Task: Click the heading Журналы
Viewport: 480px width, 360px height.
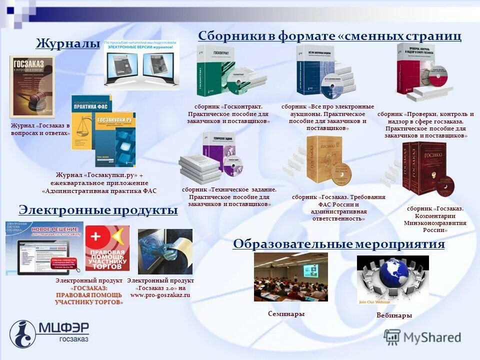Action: [68, 44]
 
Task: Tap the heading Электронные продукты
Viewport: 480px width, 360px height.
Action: [98, 210]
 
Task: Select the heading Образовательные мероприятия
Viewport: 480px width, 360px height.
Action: [338, 244]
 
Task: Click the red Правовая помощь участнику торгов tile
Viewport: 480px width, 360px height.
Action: [107, 248]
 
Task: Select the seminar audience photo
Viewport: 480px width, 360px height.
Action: [290, 276]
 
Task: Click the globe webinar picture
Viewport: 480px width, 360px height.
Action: [392, 280]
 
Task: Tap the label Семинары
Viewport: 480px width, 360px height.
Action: [286, 314]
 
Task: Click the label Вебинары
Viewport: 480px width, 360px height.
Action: [394, 315]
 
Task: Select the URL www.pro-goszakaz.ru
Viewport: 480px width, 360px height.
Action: [160, 295]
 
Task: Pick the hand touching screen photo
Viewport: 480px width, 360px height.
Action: [165, 251]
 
